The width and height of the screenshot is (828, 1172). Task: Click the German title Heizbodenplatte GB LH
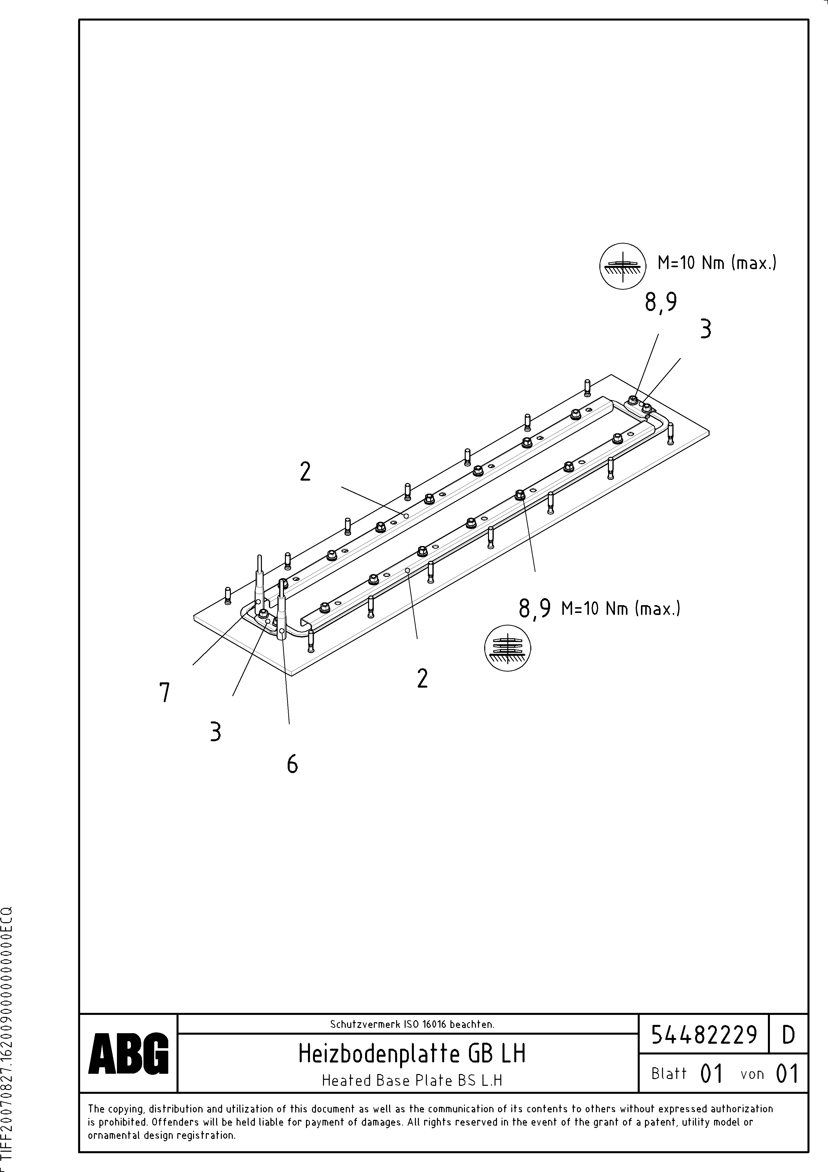[x=412, y=1053]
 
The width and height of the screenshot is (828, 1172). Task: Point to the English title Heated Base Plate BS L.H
[x=412, y=1080]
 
